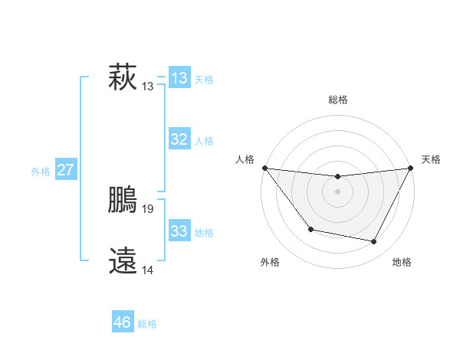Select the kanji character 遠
pos(123,261)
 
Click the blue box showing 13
pos(179,78)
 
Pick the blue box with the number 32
pos(179,139)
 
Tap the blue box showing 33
pos(179,231)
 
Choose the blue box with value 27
pos(65,170)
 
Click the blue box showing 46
pos(122,322)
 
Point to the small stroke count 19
pos(148,208)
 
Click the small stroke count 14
pos(148,270)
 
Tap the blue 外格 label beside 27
pos(41,172)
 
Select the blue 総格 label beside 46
pos(147,324)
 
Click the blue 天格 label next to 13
pos(204,80)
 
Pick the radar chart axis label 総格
pos(337,100)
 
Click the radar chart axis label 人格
pos(245,159)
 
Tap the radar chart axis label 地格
pos(402,262)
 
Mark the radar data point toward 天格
pos(411,168)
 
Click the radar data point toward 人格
pos(264,168)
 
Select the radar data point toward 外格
pos(310,229)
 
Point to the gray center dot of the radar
pos(337,191)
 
